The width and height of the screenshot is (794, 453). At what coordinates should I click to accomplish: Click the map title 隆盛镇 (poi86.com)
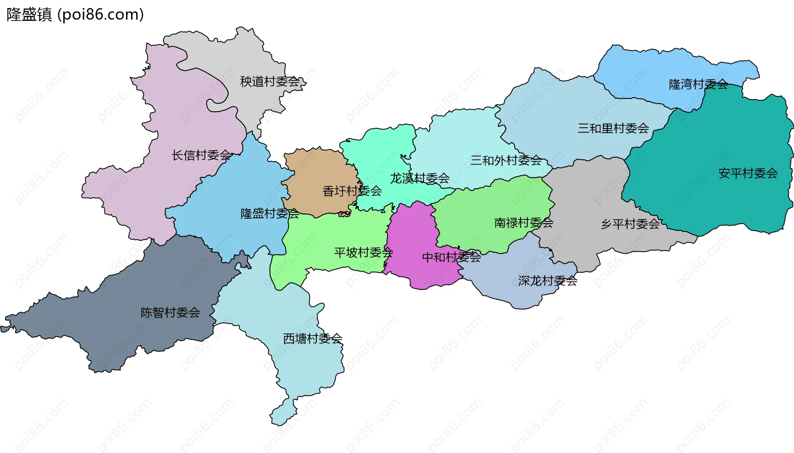tap(75, 15)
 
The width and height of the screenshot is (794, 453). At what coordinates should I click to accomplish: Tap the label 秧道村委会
tap(270, 82)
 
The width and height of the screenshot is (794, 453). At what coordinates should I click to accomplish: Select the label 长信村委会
tap(201, 155)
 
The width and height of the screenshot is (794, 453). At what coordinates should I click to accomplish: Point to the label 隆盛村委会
tap(270, 214)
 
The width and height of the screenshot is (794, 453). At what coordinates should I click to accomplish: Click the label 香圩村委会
tap(352, 191)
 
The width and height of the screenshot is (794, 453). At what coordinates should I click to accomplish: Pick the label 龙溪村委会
tap(420, 179)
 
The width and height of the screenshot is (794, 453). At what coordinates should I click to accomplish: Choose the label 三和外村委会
tap(506, 160)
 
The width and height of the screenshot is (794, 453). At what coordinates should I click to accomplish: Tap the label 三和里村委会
tap(613, 129)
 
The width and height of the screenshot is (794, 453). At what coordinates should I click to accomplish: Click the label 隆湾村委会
tap(698, 84)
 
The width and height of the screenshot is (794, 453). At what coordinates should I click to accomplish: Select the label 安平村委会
tap(748, 173)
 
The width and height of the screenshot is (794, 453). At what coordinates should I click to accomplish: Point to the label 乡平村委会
tap(631, 224)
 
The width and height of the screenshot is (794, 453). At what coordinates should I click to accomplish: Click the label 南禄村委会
tap(524, 223)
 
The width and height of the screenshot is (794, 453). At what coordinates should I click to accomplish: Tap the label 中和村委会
tap(451, 257)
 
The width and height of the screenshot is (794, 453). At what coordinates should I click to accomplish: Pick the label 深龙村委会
tap(548, 281)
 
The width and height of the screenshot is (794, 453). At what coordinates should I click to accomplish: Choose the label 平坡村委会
tap(364, 253)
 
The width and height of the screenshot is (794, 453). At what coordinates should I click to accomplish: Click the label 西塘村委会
tap(313, 339)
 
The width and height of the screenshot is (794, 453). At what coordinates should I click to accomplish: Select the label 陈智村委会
tap(170, 312)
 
